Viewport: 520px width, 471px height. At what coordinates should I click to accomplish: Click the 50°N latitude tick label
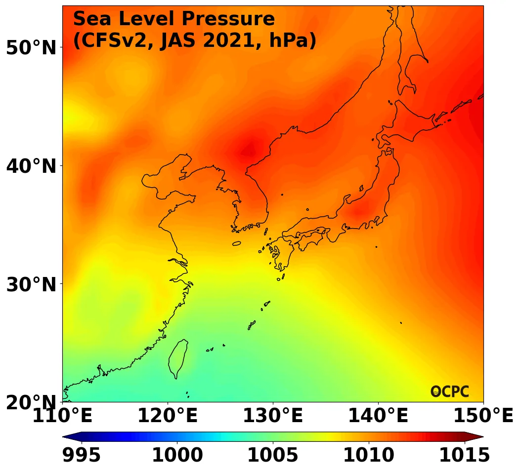pos(31,48)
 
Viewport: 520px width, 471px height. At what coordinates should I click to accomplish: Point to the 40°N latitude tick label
pos(31,166)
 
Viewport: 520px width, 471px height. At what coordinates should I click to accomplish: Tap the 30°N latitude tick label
pos(31,284)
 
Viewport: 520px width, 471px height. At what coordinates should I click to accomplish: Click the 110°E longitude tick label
pos(62,416)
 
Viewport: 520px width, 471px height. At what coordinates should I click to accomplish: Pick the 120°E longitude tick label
pos(167,416)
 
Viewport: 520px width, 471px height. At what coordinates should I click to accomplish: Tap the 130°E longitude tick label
pos(272,416)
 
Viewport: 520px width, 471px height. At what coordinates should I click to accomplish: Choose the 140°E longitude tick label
pos(378,416)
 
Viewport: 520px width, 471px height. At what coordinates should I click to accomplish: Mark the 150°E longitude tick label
pos(483,416)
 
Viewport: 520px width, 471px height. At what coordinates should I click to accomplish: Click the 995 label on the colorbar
pos(82,455)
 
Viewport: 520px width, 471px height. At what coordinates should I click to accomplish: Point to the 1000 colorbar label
pos(177,455)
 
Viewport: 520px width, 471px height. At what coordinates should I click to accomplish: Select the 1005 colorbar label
pos(273,455)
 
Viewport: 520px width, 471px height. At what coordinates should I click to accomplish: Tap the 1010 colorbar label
pos(368,455)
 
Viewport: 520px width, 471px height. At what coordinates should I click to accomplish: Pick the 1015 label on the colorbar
pos(464,455)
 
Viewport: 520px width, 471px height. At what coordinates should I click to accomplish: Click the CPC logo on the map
pos(450,392)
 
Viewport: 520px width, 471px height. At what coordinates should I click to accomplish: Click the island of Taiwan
pos(178,358)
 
